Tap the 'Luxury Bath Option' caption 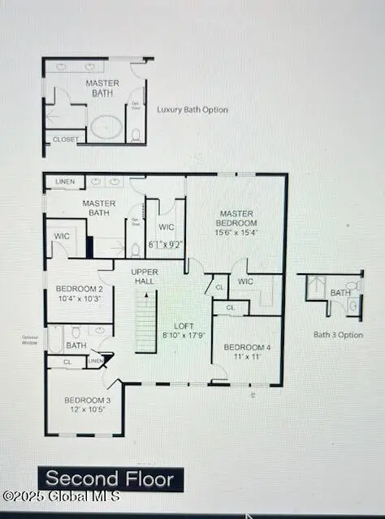coord(192,109)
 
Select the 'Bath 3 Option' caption coord(338,334)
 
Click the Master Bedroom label coord(236,218)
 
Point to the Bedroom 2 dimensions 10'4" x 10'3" coord(78,298)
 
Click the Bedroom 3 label coord(87,401)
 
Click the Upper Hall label coord(145,277)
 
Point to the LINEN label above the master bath coord(63,182)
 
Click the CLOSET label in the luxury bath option coord(66,139)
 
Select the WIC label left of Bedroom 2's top coord(62,236)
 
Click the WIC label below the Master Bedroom coord(245,281)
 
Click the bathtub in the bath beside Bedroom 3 coord(56,339)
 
